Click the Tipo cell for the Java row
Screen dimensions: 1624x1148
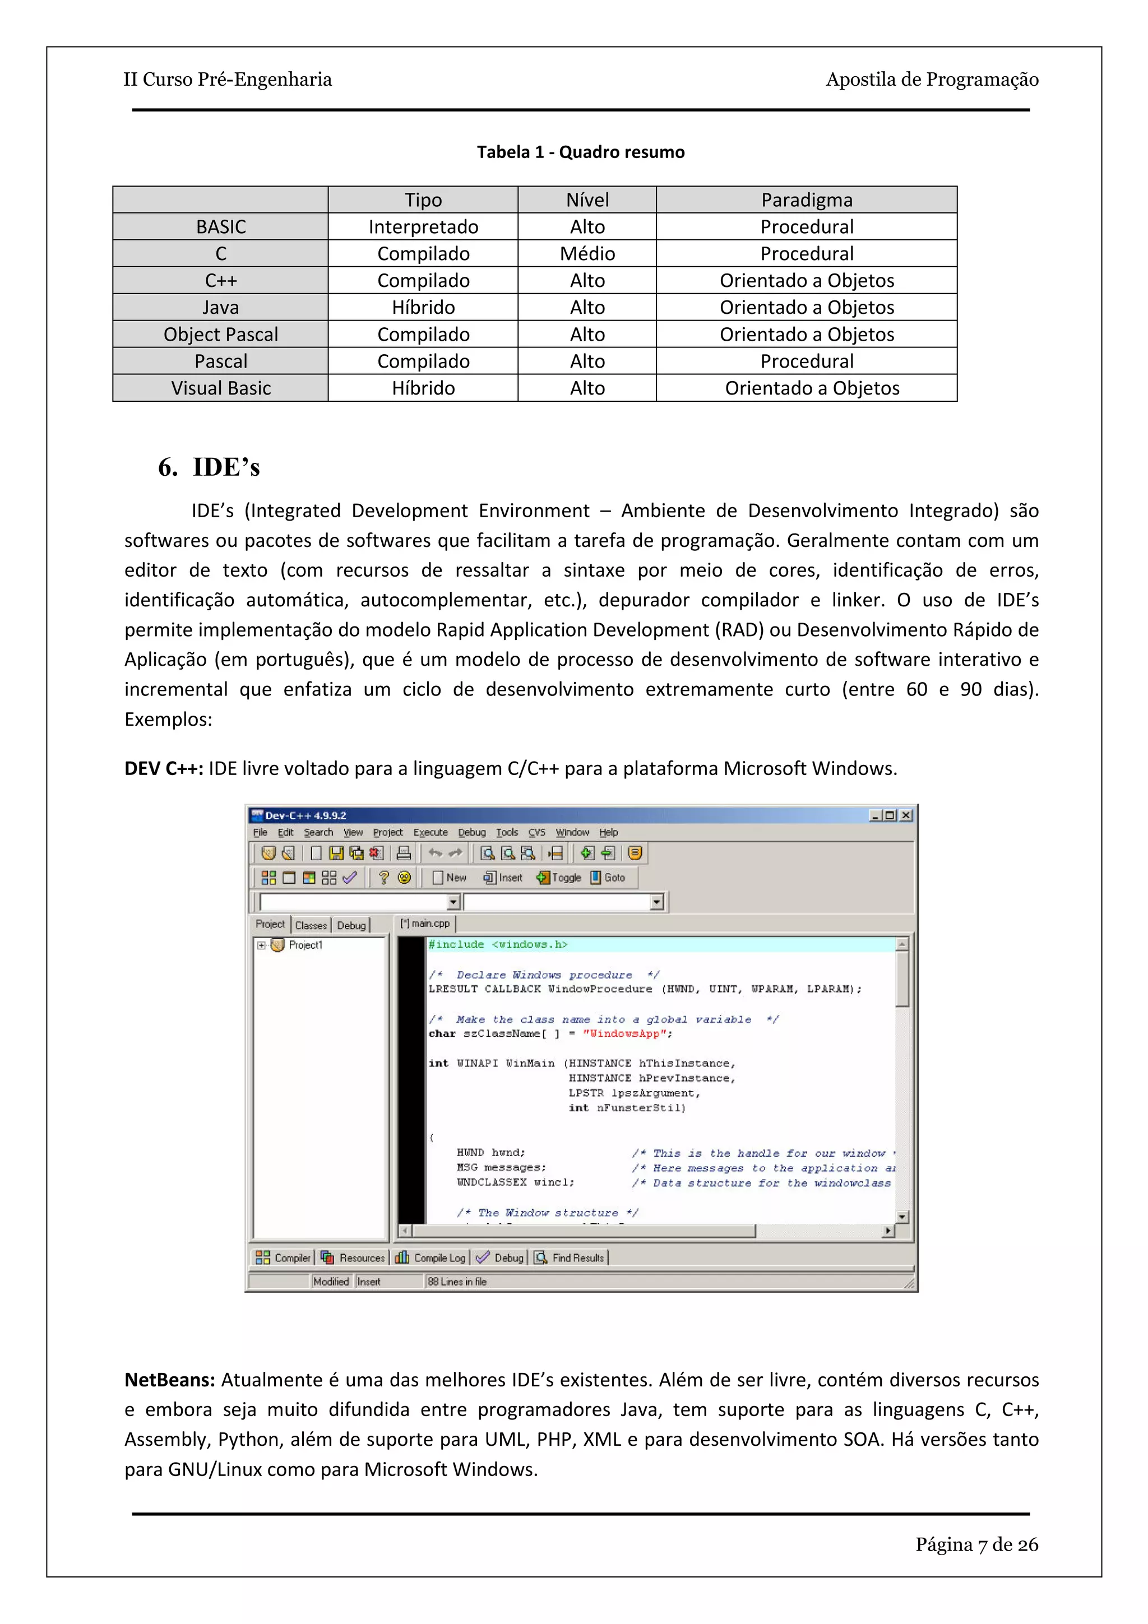[x=423, y=308]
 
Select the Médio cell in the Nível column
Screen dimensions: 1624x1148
[x=587, y=254]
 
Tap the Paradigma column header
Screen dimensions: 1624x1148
[x=807, y=200]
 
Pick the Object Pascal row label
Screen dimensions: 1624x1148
[x=221, y=335]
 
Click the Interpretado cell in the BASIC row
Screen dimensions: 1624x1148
[x=423, y=227]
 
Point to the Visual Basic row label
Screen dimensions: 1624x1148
[x=221, y=388]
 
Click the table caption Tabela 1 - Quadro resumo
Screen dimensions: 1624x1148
[x=580, y=152]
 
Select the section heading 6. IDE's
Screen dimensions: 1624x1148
[x=210, y=467]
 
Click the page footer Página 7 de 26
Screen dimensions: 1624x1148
[x=976, y=1544]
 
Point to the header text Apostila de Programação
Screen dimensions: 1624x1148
[x=932, y=79]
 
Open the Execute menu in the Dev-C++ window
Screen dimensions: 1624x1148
[x=430, y=833]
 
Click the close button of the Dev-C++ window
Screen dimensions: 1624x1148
[x=906, y=815]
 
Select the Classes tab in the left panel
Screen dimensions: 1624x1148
[x=311, y=925]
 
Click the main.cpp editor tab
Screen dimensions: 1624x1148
[x=426, y=924]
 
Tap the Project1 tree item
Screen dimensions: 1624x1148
[x=305, y=945]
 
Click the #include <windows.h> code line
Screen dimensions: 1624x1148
[x=498, y=945]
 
